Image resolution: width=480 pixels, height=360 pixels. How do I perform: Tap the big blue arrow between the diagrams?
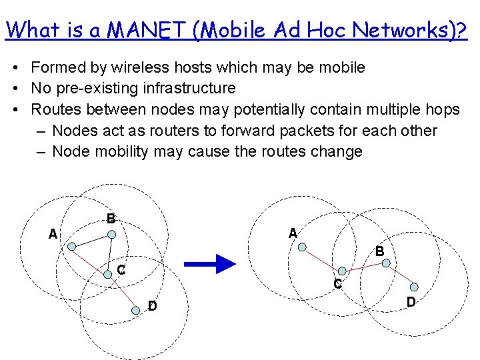[x=209, y=265]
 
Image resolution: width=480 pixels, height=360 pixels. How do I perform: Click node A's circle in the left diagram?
[x=71, y=245]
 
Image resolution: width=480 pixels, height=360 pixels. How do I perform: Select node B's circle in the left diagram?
[x=113, y=234]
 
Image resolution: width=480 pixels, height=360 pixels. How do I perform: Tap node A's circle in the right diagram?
[x=303, y=247]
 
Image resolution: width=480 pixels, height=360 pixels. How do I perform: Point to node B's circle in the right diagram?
[x=386, y=263]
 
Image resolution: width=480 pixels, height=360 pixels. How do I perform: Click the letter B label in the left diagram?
[x=111, y=218]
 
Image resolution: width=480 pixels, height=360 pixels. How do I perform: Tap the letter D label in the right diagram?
[x=411, y=302]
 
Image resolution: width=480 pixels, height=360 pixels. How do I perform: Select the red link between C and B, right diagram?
[x=364, y=267]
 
